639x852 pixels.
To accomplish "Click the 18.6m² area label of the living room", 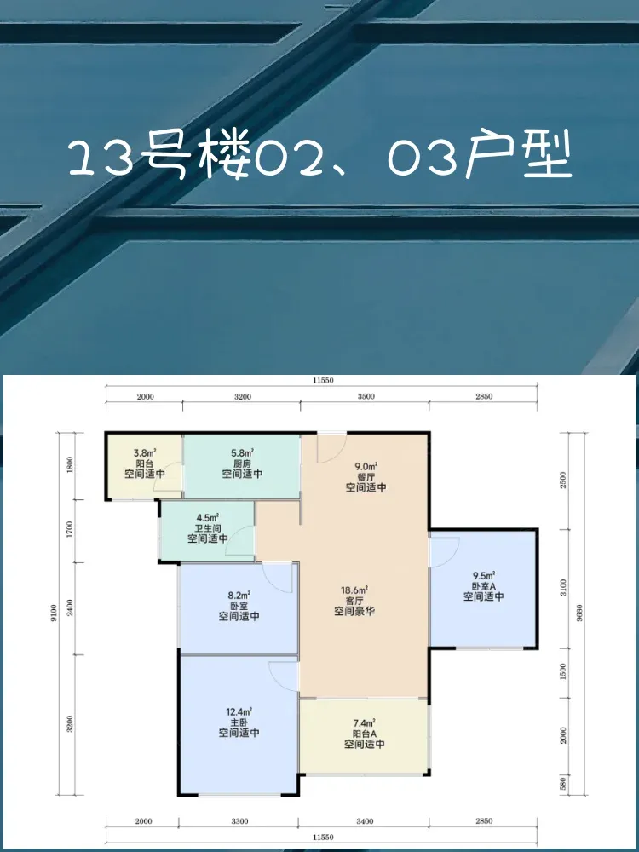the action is point(355,590).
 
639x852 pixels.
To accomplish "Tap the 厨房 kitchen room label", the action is point(242,463).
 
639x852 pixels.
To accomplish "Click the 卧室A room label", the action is point(484,586).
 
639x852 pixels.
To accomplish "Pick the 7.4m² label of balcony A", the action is point(364,723).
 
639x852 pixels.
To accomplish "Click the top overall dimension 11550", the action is point(323,380).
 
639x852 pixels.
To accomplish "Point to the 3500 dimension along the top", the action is point(366,397).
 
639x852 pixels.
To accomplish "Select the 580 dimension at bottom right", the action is point(563,785).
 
